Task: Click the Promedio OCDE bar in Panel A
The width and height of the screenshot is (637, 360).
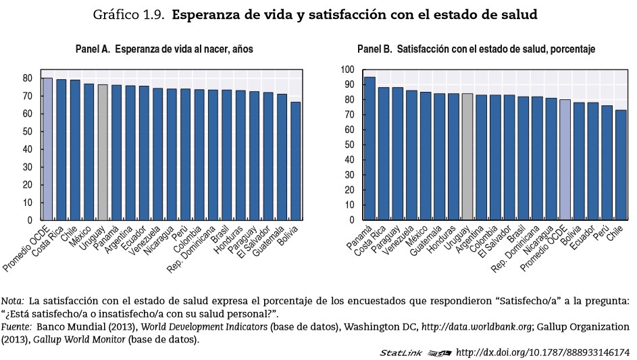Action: [47, 149]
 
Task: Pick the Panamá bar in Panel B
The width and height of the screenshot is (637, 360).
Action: [370, 148]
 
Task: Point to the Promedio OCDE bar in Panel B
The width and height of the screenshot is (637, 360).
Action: [564, 159]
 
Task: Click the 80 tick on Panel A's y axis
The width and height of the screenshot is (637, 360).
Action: [28, 78]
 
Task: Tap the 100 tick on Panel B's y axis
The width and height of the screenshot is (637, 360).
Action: [347, 70]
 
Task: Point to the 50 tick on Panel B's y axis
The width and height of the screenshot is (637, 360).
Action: [349, 145]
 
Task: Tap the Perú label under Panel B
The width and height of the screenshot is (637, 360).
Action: [601, 233]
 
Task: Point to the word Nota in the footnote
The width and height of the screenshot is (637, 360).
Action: [11, 301]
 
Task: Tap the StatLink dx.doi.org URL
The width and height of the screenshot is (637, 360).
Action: [542, 353]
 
